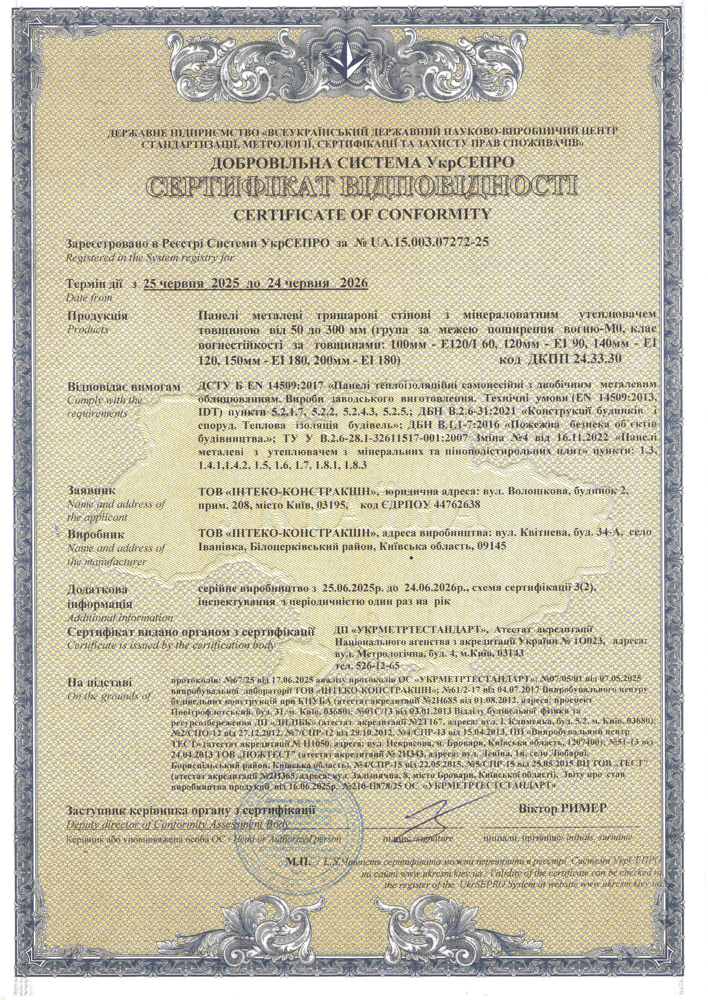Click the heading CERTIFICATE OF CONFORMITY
(354, 214)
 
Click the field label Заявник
(91, 490)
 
